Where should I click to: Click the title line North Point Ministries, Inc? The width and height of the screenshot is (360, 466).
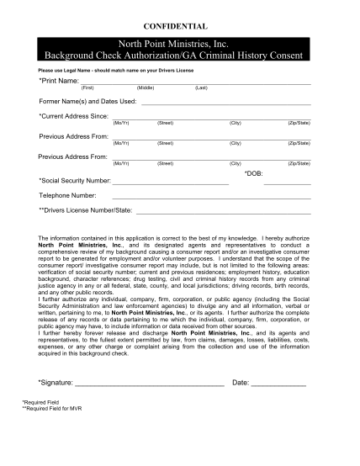tap(179, 43)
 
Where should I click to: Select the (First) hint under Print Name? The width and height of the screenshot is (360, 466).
tap(87, 87)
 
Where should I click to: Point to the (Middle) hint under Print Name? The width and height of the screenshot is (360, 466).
tap(146, 87)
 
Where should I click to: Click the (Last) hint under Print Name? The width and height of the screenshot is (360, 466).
tap(201, 87)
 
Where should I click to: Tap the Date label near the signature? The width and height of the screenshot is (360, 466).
tap(240, 382)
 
